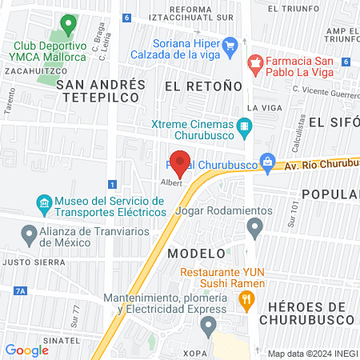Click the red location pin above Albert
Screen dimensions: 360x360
180,162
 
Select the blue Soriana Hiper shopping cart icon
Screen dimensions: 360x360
230,46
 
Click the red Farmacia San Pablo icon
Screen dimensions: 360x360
255,62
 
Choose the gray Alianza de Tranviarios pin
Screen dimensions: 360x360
28,235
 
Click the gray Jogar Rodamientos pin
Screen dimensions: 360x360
255,229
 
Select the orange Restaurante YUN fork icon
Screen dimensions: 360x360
246,301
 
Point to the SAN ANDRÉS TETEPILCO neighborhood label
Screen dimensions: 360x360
102,90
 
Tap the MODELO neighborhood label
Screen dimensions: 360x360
195,253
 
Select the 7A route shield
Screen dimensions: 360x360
20,290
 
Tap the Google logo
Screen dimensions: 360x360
27,350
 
